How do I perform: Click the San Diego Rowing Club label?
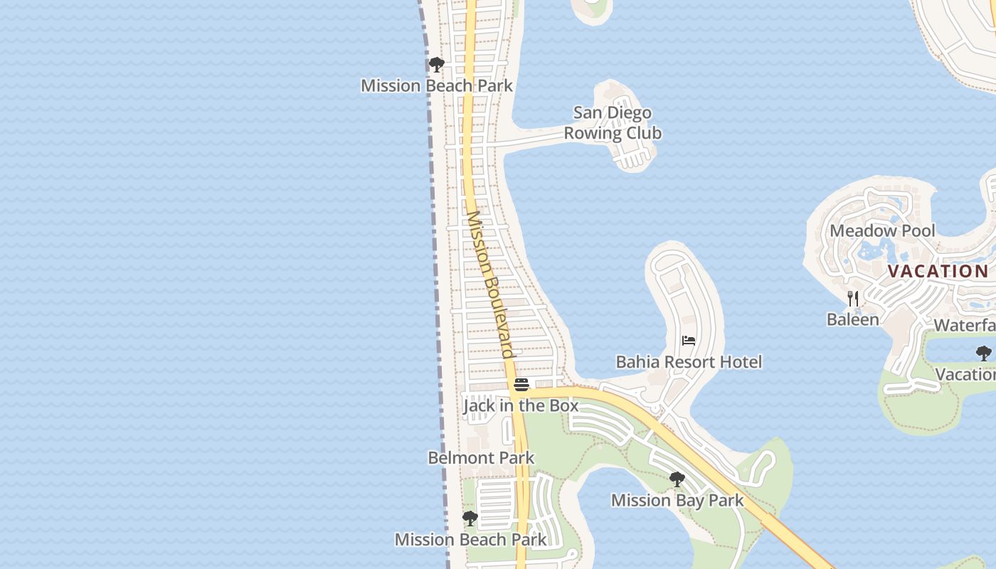point(613,123)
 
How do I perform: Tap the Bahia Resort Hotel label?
point(689,362)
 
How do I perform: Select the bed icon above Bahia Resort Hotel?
point(689,341)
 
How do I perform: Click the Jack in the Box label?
point(521,405)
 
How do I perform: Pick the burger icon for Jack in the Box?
point(521,385)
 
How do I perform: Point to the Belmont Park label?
point(481,457)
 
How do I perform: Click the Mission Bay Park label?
point(677,500)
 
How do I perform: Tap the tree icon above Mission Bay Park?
point(677,479)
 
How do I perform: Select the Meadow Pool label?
point(882,230)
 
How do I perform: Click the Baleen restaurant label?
point(853,319)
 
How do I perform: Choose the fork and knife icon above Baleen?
point(853,298)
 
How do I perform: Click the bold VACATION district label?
point(938,271)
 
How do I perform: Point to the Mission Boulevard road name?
point(489,284)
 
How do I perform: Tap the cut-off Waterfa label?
point(965,325)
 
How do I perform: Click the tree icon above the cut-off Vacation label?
point(984,353)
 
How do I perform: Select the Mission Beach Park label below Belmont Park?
point(471,539)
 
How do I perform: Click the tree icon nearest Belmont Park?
point(470,518)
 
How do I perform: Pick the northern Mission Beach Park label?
point(437,85)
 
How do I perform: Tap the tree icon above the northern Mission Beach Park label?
point(437,65)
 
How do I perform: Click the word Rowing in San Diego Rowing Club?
point(593,133)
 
